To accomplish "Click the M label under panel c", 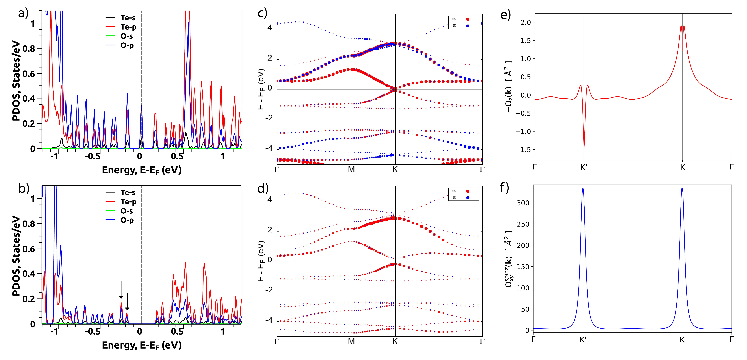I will (351, 169).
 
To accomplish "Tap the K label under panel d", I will (395, 341).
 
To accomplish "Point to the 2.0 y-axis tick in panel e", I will (525, 22).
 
